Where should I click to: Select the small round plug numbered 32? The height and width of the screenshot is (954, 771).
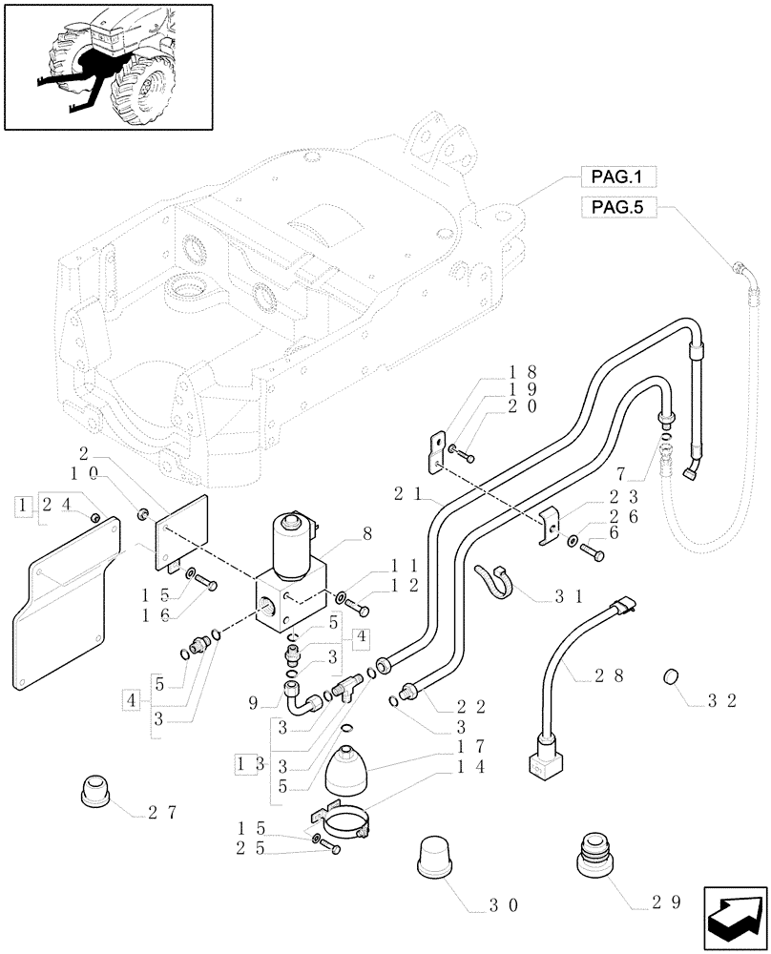(x=671, y=678)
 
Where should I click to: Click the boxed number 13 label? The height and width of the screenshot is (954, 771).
(x=248, y=764)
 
